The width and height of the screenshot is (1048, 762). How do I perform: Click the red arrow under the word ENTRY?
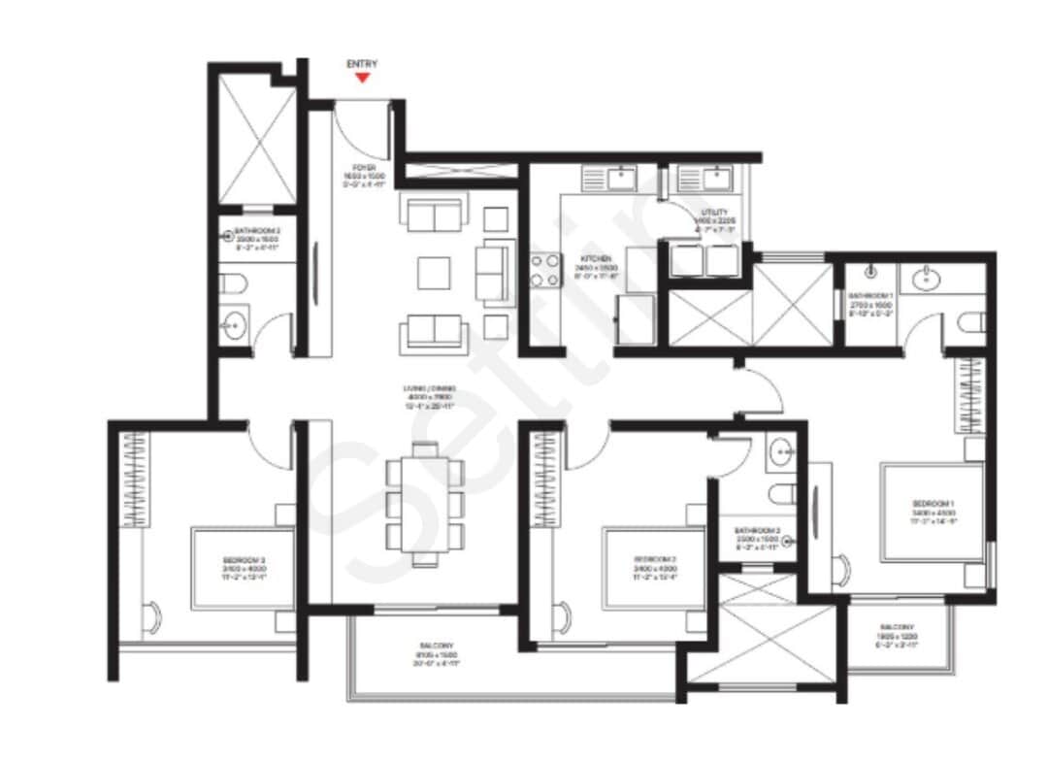pos(362,78)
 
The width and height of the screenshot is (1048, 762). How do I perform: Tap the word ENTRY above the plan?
pos(362,64)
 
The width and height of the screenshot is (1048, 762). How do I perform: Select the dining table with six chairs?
pos(424,503)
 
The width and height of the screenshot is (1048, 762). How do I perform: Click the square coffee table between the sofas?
pos(434,272)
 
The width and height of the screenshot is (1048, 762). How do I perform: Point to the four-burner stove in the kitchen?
pos(545,271)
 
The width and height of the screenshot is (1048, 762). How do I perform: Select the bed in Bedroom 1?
pos(932,512)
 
